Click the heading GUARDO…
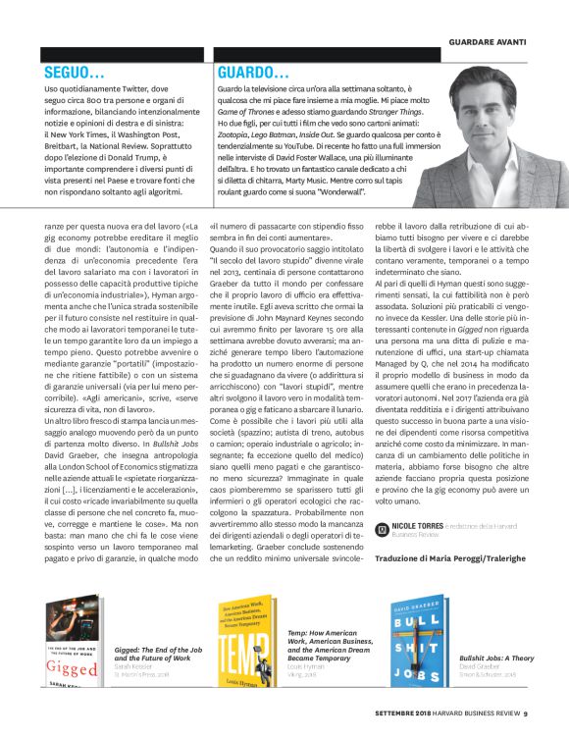click(x=253, y=72)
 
